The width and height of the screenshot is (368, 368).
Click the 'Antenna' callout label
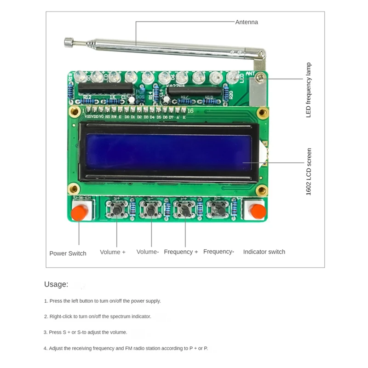click(x=247, y=22)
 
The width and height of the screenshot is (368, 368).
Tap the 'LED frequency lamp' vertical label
click(x=309, y=90)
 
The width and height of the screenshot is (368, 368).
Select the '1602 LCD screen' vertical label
click(x=309, y=171)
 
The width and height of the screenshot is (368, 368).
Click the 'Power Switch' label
click(x=68, y=253)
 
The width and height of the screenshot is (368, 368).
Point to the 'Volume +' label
click(x=113, y=252)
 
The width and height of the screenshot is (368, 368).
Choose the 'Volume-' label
click(x=148, y=252)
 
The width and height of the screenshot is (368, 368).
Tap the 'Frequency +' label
click(x=181, y=252)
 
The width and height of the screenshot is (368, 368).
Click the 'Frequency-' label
click(x=219, y=252)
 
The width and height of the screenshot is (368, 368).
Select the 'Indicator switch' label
click(x=264, y=252)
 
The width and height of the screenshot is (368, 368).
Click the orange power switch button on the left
click(x=80, y=213)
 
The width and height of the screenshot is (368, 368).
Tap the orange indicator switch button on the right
click(x=256, y=212)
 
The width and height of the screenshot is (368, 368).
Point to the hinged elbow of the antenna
click(x=261, y=56)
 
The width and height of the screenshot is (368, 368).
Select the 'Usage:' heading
click(x=56, y=284)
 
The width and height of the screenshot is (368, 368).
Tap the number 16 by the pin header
click(x=191, y=110)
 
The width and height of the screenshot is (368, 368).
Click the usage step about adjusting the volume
click(x=86, y=332)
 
